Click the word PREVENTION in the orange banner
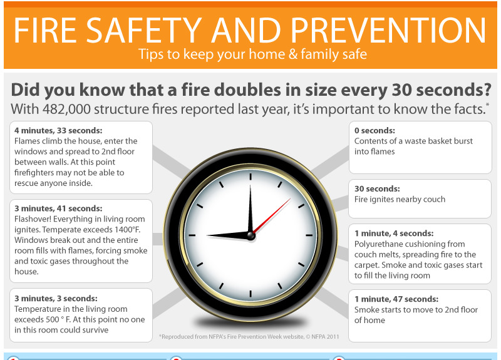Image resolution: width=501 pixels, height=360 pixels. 389,29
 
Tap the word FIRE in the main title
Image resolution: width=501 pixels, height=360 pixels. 53,29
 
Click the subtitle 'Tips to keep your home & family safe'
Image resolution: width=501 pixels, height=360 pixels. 252,54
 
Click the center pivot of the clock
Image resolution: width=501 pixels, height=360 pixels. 250,235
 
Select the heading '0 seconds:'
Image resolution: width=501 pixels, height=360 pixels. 375,131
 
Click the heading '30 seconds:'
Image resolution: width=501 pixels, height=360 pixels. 377,188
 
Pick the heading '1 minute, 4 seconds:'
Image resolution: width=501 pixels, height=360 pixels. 393,233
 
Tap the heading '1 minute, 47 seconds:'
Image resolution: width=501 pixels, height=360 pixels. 396,299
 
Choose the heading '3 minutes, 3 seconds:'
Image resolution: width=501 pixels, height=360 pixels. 56,299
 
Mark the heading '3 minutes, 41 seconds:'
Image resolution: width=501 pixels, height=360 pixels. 58,208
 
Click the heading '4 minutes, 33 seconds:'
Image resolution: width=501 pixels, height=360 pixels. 58,130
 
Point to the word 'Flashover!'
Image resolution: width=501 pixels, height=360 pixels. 34,219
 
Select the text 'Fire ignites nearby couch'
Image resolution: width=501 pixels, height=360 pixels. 400,199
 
